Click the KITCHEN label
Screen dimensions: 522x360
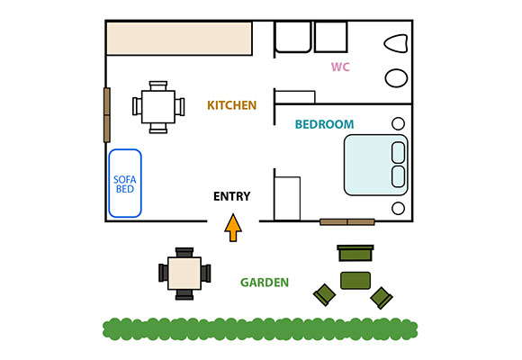231,105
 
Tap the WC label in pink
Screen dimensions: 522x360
340,67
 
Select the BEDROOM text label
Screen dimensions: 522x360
324,124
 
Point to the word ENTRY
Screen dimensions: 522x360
231,196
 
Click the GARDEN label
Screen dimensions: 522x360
265,283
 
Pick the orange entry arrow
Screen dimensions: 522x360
233,228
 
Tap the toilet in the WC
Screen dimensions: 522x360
396,43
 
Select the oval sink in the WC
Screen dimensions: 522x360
396,78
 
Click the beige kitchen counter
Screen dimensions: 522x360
179,39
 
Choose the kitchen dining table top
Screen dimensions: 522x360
158,107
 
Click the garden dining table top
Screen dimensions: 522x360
184,274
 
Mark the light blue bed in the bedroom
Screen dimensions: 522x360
375,165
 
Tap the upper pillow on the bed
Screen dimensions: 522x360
398,152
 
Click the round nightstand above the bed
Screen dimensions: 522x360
398,123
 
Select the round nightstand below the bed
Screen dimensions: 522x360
398,209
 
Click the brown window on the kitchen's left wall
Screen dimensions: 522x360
107,115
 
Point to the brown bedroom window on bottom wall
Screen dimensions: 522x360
347,221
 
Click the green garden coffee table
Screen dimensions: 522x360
355,281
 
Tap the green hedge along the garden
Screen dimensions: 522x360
260,329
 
